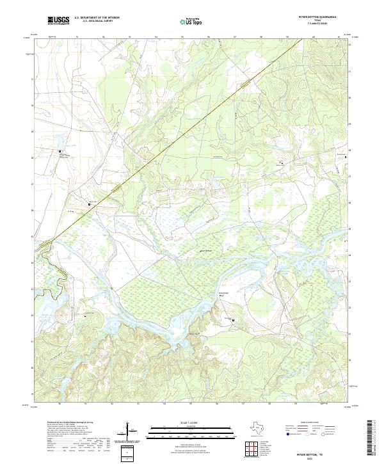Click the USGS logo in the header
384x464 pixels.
[58, 20]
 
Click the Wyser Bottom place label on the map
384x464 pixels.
[206, 250]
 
